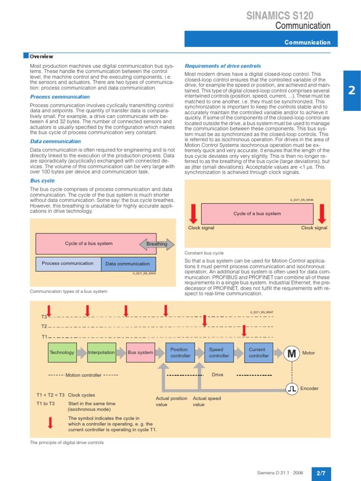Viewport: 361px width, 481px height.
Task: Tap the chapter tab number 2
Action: point(352,91)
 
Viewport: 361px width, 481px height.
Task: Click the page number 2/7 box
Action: point(321,473)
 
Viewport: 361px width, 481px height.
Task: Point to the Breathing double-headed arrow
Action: point(157,244)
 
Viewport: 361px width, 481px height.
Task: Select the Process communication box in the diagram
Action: point(68,264)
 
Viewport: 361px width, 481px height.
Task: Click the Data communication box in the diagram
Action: point(127,264)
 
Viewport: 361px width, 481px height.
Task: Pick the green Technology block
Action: point(62,353)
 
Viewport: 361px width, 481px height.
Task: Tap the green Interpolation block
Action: point(102,353)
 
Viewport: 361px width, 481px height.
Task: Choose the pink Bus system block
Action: point(141,353)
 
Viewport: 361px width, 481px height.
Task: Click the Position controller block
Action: point(180,353)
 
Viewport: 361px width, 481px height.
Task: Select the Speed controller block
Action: point(219,353)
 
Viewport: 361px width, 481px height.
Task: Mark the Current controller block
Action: point(259,353)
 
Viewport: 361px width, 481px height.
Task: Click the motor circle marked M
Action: point(291,353)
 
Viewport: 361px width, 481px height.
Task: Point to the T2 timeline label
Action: point(44,326)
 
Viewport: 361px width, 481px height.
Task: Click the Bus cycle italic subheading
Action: point(42,180)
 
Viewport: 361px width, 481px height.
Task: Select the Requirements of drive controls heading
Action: point(222,66)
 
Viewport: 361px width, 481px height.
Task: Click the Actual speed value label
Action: point(207,401)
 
